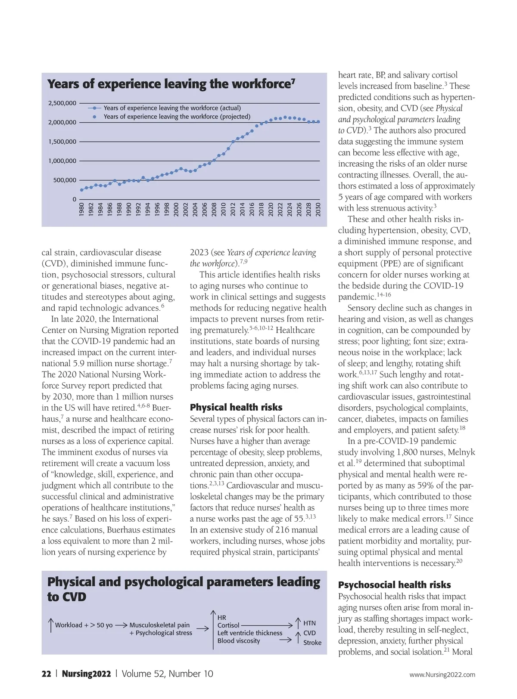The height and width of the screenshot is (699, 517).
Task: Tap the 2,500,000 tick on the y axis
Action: coord(62,103)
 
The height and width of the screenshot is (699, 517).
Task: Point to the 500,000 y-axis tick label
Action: coord(65,180)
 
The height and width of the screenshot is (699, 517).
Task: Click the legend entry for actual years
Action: coord(172,108)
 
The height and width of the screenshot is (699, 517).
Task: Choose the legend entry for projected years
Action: coord(177,117)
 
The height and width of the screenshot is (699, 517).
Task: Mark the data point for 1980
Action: coord(81,190)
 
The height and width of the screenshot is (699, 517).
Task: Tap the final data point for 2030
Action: coord(318,122)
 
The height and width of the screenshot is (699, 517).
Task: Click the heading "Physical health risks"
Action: coord(236,407)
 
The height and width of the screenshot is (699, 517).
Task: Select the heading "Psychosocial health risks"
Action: coord(394,585)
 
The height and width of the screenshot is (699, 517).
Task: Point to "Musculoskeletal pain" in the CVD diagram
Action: coord(159,625)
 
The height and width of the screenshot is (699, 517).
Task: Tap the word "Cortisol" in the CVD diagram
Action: coord(228,625)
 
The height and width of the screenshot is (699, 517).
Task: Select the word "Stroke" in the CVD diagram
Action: coord(312,643)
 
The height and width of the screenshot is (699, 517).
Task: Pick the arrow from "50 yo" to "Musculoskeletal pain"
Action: coord(121,625)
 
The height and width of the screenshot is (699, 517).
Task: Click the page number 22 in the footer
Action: coord(46,674)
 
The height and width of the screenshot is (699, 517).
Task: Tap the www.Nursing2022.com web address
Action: coord(442,674)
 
